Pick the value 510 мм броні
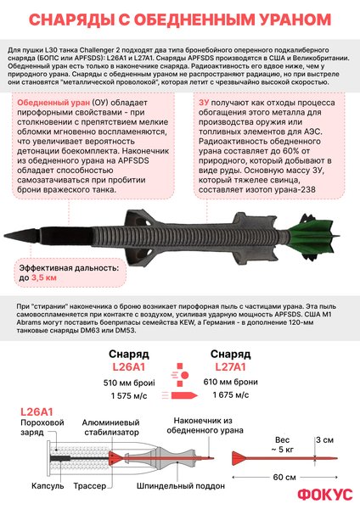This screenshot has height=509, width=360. [x=128, y=381]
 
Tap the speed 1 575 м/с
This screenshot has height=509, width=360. [x=128, y=394]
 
